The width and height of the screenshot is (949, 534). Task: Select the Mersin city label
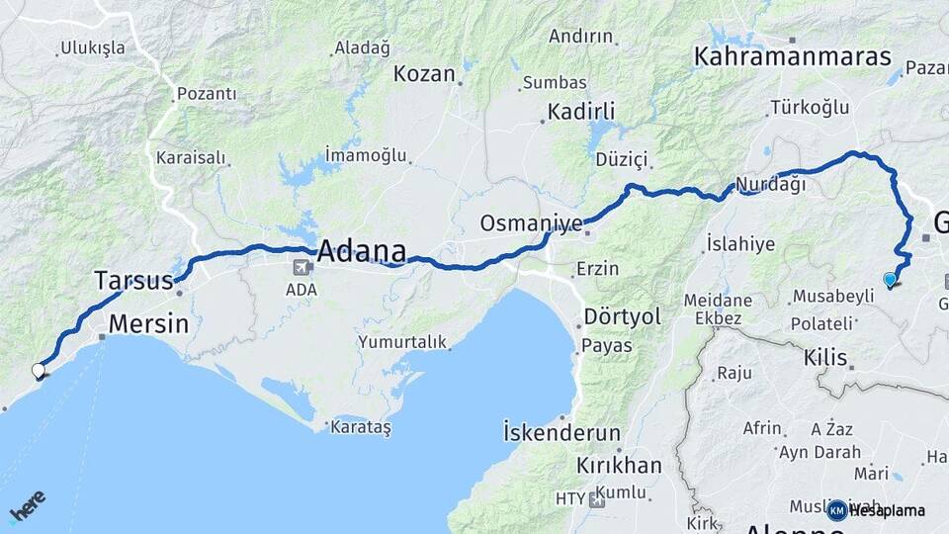tap(148, 323)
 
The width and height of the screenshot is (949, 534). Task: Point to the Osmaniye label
tap(531, 223)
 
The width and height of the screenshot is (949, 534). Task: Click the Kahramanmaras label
tap(793, 56)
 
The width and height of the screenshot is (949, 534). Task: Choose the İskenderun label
tap(561, 433)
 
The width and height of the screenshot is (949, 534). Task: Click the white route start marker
tap(39, 371)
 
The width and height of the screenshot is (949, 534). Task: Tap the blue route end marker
tap(890, 280)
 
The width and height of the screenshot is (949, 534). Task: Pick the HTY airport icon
tap(595, 499)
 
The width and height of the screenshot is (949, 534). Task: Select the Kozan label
tap(424, 74)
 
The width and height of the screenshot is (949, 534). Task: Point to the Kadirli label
tap(582, 110)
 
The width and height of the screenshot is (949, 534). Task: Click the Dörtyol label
tap(621, 317)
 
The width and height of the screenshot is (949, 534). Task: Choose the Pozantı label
tap(207, 94)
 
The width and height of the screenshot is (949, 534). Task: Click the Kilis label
tap(825, 355)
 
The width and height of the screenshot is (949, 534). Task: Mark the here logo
tap(27, 507)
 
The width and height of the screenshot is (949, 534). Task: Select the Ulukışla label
tap(93, 47)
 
